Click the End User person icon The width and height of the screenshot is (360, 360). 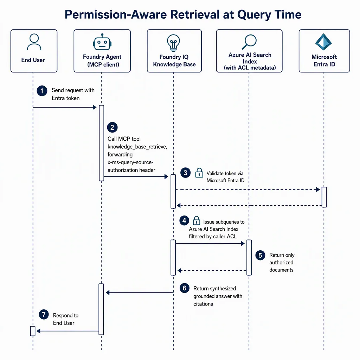coord(34,42)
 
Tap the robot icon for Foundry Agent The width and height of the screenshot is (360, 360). coord(102,42)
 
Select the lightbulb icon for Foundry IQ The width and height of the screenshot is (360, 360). coord(173,43)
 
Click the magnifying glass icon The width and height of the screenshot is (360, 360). coord(249,42)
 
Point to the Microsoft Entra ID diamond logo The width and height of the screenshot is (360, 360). coord(323,42)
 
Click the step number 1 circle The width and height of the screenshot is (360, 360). coord(42,91)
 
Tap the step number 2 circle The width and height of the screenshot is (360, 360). coord(112,127)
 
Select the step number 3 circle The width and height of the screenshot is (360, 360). coord(186,173)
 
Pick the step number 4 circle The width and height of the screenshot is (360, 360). coord(184,221)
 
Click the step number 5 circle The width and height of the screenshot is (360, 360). coord(261,255)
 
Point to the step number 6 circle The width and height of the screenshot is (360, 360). coord(185,288)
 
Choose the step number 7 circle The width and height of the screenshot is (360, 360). coord(44,314)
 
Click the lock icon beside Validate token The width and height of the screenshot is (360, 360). coord(199,173)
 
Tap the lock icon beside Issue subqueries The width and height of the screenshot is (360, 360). coord(196,221)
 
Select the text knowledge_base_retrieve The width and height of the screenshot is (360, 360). coord(137,147)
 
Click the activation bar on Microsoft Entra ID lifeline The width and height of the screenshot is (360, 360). coord(324,197)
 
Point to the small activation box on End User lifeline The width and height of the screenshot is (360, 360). coord(33,331)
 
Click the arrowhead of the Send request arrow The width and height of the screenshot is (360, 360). coord(94,107)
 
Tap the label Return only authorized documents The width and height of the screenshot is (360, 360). coord(282,262)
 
